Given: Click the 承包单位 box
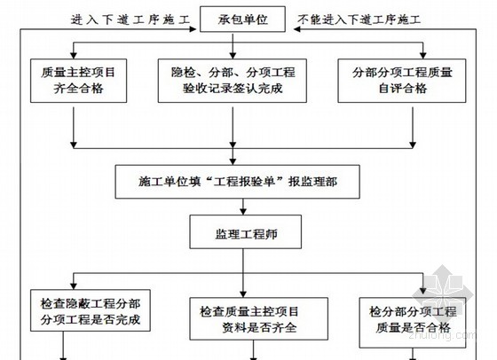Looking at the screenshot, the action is (x=242, y=20).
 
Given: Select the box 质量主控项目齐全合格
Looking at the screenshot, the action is (x=79, y=81).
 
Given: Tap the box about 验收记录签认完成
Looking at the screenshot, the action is (x=233, y=81).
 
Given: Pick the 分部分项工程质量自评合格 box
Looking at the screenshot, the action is (x=402, y=81).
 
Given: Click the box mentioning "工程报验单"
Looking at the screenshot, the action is (x=238, y=182).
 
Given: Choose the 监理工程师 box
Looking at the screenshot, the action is (x=246, y=231).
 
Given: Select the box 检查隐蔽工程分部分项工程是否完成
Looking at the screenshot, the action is (x=91, y=310).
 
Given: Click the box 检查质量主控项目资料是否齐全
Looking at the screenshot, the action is (x=258, y=319).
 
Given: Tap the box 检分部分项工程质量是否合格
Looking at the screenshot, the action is (x=413, y=323).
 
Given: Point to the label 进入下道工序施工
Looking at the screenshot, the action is (x=130, y=20).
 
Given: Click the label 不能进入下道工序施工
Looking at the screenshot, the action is (x=359, y=20).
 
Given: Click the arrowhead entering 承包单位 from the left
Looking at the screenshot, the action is (x=193, y=29).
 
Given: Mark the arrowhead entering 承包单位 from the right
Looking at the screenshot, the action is (x=297, y=29).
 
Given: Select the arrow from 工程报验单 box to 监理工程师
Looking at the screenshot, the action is (x=243, y=207).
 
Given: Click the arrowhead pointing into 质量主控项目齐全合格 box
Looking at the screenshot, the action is (x=74, y=55).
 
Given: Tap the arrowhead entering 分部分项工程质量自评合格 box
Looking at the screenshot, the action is (x=422, y=55).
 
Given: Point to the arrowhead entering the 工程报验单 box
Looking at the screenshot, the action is (x=233, y=161).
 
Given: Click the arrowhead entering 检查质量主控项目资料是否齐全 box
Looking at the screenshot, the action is (x=243, y=294).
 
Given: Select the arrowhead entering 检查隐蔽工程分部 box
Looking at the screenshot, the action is (x=74, y=286).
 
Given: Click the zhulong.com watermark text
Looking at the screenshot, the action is (x=442, y=335).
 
